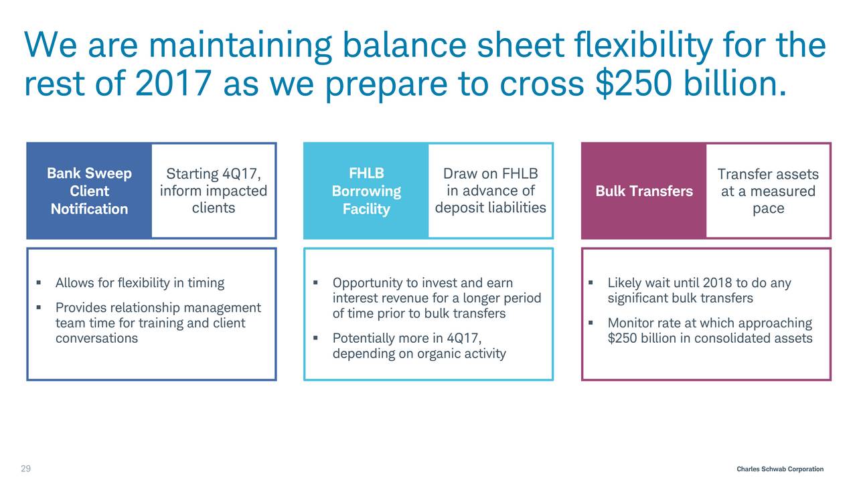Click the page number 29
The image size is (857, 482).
coord(25,469)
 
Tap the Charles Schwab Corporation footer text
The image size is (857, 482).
coord(780,469)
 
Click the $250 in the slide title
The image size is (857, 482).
coord(633,83)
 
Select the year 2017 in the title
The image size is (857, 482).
coord(173,83)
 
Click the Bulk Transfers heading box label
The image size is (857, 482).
coord(644,191)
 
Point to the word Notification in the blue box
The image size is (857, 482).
coord(90,209)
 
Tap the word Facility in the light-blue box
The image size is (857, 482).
coord(366,209)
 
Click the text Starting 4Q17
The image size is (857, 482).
coord(214,173)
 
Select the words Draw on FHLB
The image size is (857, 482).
coord(491,173)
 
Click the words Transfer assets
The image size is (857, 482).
coord(768,174)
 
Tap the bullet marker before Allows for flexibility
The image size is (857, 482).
coord(39,283)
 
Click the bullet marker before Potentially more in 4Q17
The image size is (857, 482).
coord(315,338)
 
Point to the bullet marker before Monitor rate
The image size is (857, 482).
coord(591,323)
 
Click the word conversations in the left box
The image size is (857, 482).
coord(96,338)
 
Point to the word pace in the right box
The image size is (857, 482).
coord(768,209)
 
